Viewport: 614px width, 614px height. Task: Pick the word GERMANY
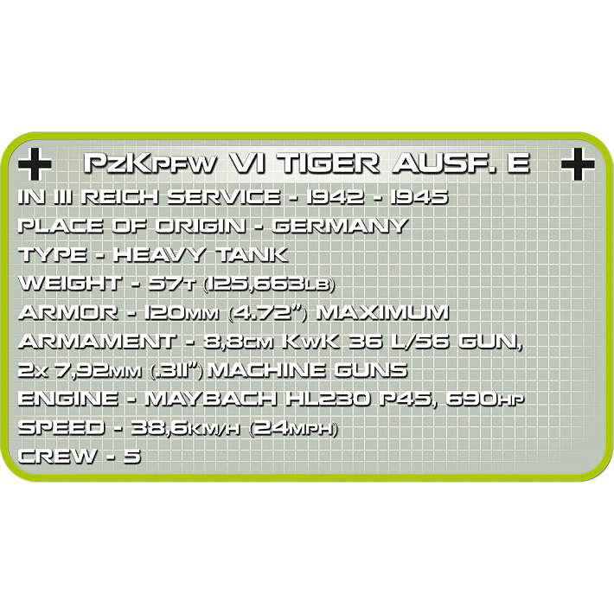point(339,226)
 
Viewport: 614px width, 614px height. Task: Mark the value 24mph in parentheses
point(292,427)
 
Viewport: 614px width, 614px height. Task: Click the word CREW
point(57,456)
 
